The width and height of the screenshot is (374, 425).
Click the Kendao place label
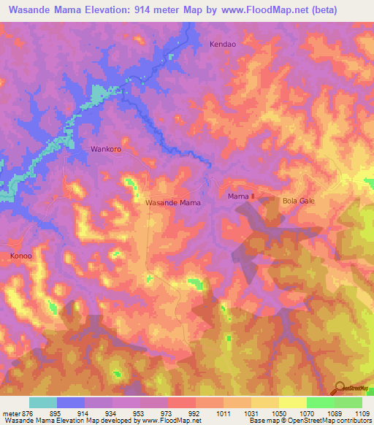224,44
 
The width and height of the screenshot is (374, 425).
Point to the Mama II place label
240,197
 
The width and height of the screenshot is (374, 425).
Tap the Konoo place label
21,256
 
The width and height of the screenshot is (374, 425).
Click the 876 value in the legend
28,413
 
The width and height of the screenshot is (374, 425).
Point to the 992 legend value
195,413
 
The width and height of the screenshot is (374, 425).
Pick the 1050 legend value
278,413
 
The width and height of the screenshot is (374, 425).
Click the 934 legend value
112,413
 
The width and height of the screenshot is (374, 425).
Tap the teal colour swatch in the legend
43,402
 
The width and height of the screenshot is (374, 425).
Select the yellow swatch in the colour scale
292,402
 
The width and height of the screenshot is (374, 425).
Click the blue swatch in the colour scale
71,402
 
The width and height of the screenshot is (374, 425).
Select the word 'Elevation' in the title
101,9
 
